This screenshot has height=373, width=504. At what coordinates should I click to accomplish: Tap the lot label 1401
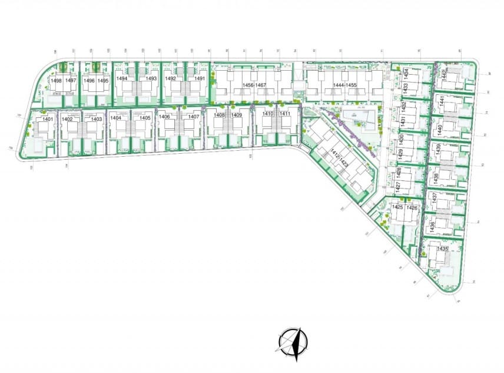[x=48, y=120]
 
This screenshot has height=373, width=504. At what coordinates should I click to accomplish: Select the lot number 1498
[x=57, y=80]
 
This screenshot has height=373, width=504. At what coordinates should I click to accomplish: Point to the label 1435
[x=442, y=249]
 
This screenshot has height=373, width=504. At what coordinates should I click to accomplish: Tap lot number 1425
[x=397, y=208]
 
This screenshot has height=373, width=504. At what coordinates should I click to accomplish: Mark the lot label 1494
[x=121, y=78]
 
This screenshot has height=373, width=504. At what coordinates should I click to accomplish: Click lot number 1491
[x=200, y=78]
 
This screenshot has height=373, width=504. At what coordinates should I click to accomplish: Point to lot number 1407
[x=194, y=117]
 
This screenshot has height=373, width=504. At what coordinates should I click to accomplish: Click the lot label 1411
[x=284, y=114]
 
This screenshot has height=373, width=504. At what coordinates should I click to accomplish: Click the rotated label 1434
[x=407, y=73]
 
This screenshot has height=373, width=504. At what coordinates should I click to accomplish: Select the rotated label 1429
[x=401, y=155]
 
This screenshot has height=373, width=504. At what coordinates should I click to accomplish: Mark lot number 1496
[x=89, y=80]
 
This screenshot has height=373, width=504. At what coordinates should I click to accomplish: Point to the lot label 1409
[x=236, y=115]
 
